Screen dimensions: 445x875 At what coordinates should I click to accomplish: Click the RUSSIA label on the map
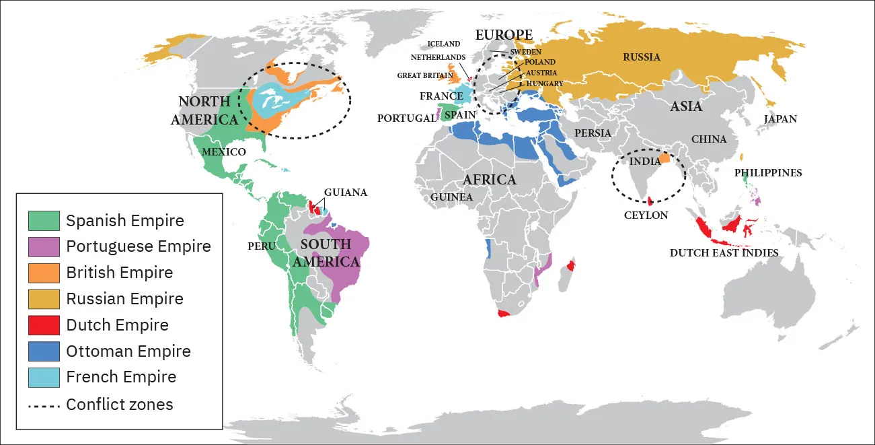point(641,57)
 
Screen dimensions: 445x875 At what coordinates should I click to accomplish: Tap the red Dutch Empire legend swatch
point(44,325)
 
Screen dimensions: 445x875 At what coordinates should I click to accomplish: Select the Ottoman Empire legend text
point(128,351)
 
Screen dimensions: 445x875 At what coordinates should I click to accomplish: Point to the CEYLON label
point(646,215)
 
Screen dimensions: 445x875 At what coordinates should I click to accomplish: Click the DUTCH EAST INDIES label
point(724,253)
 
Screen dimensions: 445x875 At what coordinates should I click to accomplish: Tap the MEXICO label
point(223,152)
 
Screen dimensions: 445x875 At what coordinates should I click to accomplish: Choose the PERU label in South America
point(262,246)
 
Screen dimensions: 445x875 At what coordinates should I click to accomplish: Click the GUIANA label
point(346,193)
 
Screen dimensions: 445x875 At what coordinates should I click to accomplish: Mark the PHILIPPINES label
point(768,173)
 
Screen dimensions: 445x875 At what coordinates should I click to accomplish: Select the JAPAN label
point(780,119)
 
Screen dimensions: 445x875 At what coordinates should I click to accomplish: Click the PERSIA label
point(593,133)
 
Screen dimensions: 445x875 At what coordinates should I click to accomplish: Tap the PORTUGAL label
point(406,118)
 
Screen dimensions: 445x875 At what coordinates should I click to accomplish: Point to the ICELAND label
point(444,44)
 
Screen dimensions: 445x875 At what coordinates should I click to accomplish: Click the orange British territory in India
point(665,159)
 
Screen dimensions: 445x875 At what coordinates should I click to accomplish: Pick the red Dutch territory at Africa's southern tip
point(504,314)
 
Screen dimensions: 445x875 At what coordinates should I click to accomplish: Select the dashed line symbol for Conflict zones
point(44,405)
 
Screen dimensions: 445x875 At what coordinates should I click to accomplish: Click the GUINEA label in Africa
point(451,197)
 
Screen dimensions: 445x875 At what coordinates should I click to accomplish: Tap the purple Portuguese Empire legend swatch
point(44,246)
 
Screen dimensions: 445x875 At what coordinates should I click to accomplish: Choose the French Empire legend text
point(121,378)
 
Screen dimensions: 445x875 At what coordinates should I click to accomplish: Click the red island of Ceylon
point(650,201)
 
